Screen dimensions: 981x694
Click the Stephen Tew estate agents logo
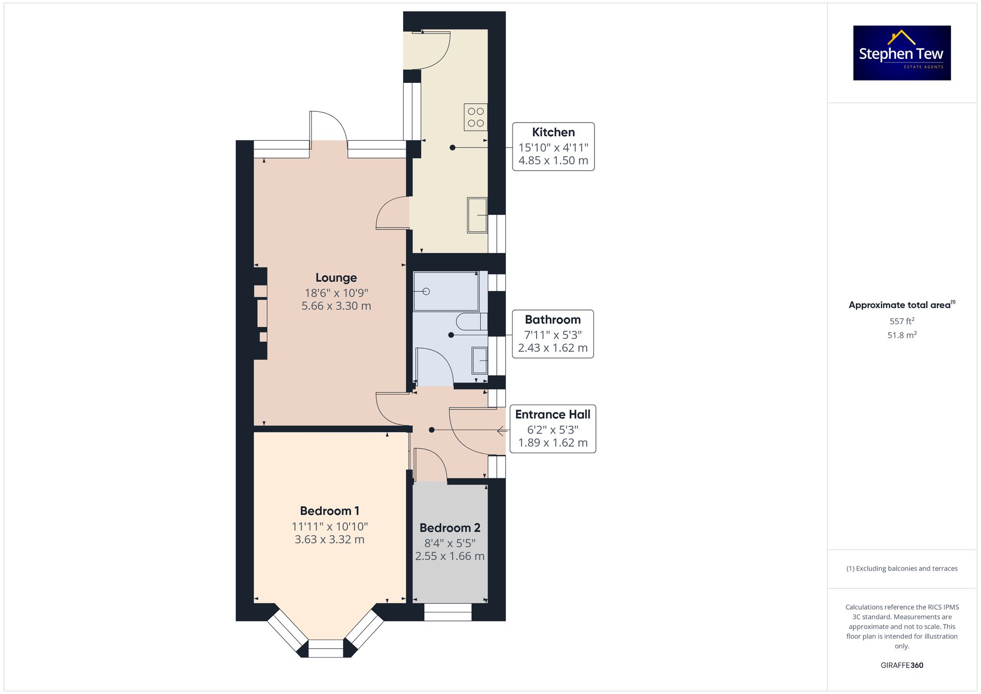902,53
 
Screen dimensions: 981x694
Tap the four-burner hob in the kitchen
476,117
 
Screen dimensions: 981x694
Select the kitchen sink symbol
477,215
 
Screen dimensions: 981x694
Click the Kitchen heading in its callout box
553,132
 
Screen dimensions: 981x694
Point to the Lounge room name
336,278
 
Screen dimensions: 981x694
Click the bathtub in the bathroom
446,291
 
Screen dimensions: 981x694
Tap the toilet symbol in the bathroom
471,322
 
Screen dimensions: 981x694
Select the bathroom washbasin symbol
479,360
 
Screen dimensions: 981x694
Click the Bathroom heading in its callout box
553,319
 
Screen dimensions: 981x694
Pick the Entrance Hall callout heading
553,414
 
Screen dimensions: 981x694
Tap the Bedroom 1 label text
330,511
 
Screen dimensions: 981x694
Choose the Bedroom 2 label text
450,528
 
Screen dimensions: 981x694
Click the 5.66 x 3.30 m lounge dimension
336,306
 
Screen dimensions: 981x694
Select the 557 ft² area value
902,321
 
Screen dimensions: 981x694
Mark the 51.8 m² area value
902,335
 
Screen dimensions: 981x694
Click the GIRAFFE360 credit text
902,665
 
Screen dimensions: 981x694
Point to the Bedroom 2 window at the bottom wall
448,612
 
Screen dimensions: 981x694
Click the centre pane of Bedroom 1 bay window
326,648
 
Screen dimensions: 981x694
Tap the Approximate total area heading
902,305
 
